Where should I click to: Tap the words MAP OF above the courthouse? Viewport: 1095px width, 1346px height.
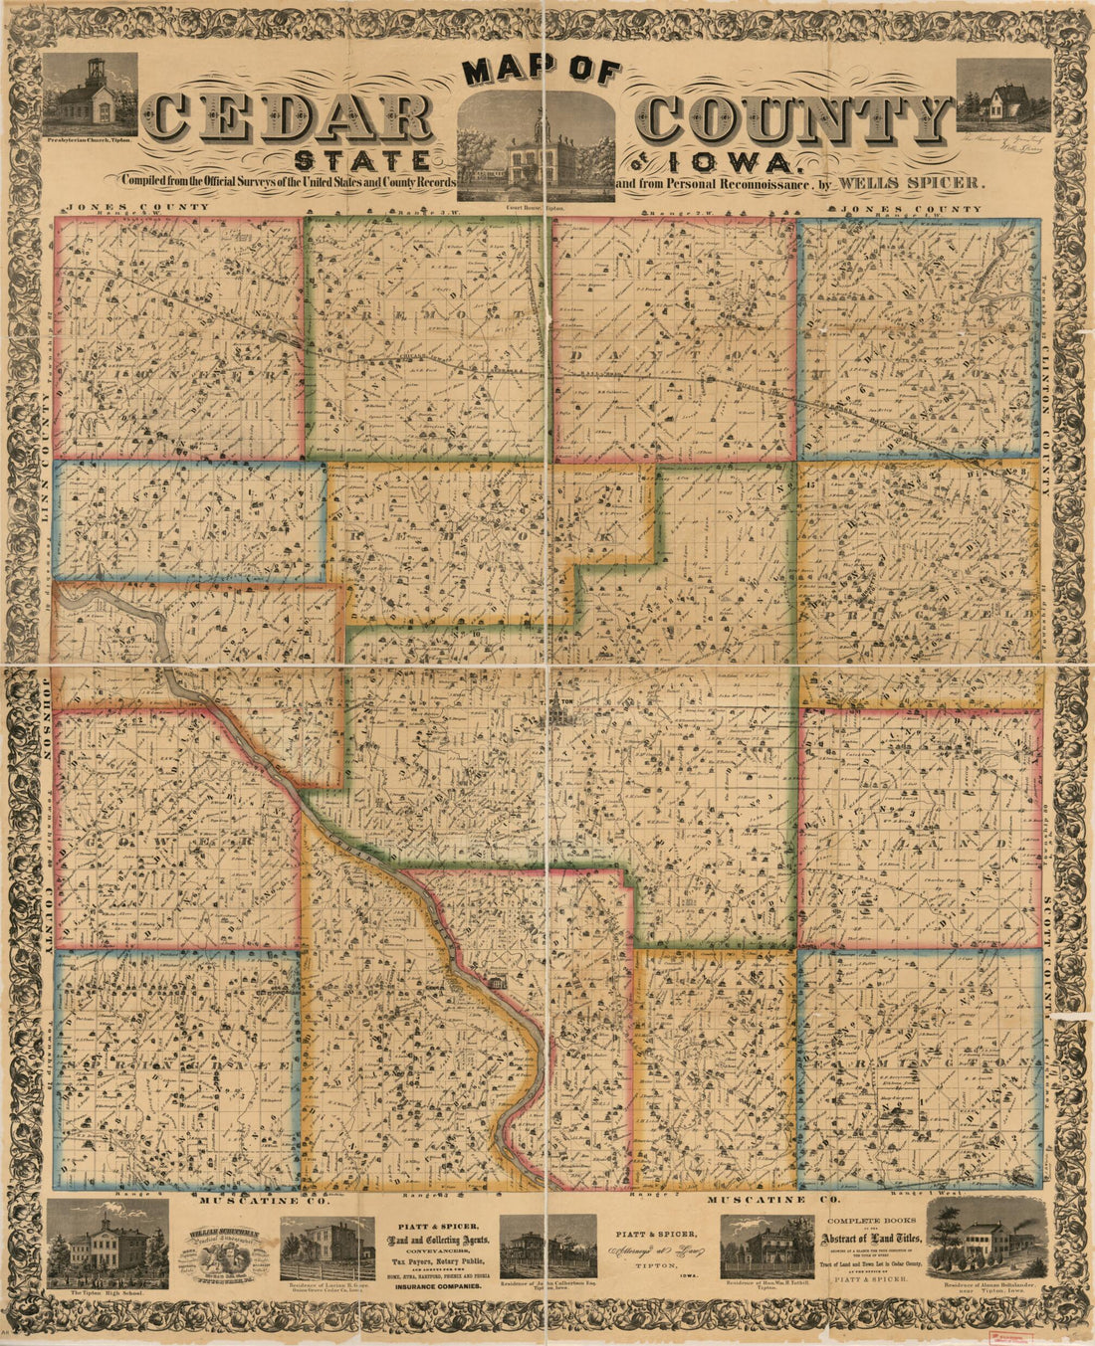coord(543,73)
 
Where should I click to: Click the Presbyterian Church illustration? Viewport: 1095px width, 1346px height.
coord(90,94)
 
